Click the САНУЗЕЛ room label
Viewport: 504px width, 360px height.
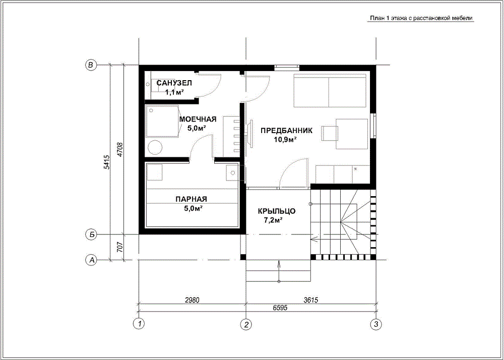(x=174, y=83)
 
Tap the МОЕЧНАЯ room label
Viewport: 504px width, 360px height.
(x=198, y=119)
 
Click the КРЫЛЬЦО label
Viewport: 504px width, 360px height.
(x=276, y=211)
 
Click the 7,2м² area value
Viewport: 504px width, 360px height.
(x=273, y=220)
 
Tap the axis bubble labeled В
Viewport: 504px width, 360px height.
(x=91, y=65)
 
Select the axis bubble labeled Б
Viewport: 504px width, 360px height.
(x=92, y=234)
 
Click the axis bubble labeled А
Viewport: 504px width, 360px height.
(x=92, y=259)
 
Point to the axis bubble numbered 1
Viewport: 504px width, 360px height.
(x=139, y=324)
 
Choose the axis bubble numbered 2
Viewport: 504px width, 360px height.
(x=246, y=324)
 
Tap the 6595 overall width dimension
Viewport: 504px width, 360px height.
(x=279, y=308)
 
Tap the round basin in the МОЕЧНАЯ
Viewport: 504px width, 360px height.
(x=155, y=148)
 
